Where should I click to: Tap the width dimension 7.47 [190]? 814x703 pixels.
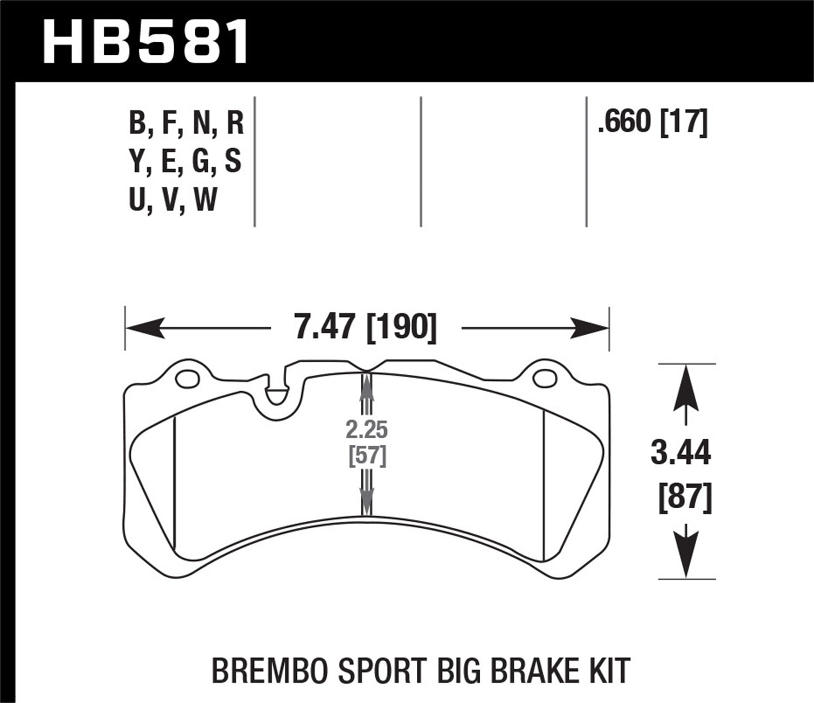click(x=365, y=328)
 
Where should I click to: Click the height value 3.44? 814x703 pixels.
click(x=681, y=453)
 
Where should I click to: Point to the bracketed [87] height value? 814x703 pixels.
click(x=684, y=498)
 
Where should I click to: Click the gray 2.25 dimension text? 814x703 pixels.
click(x=367, y=430)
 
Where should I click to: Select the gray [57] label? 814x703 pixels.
click(x=367, y=456)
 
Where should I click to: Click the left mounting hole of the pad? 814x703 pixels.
click(x=188, y=379)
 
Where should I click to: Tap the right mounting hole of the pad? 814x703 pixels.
click(x=545, y=379)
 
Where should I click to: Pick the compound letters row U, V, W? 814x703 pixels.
click(x=173, y=200)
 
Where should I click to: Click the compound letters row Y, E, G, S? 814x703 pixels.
click(x=185, y=161)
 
